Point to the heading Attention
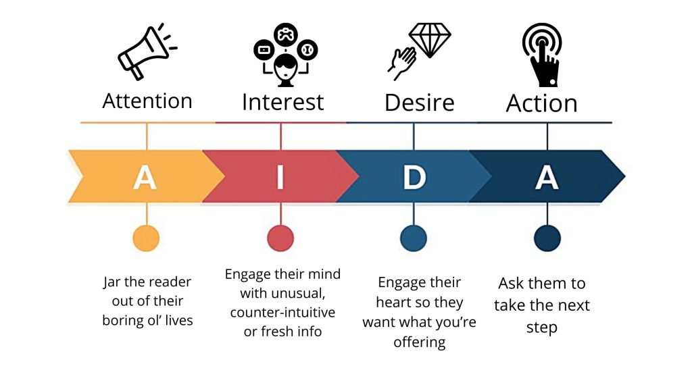click(147, 101)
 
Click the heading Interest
click(282, 102)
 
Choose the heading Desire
click(419, 103)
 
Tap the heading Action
click(542, 103)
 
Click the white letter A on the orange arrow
click(145, 177)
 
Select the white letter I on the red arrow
click(280, 177)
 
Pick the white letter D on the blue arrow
click(414, 177)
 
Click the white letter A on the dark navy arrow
click(547, 177)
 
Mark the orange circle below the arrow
click(146, 238)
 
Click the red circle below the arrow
click(280, 238)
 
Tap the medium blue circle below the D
click(414, 238)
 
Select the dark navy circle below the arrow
click(547, 238)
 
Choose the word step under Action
click(542, 328)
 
